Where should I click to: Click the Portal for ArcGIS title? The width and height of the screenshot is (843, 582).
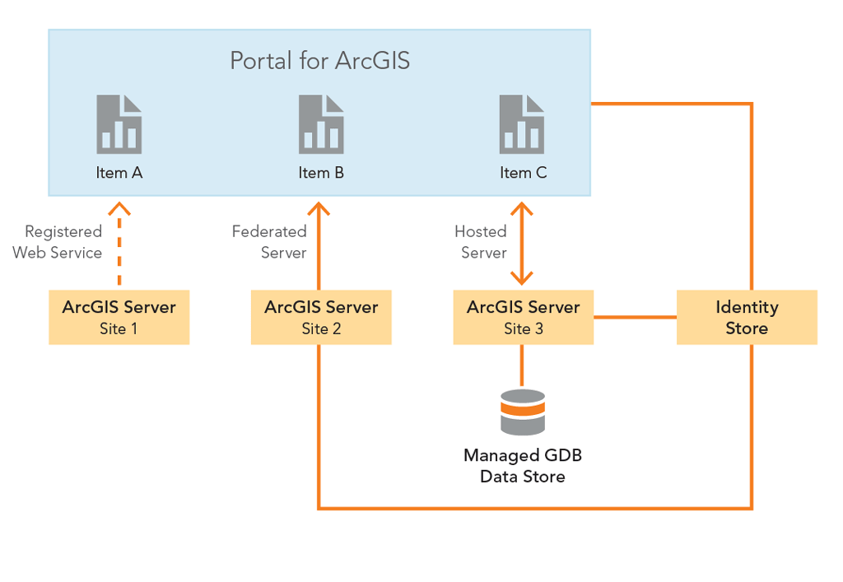click(319, 61)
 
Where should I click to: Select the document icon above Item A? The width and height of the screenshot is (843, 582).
click(119, 124)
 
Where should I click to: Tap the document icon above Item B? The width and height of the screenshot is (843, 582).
click(321, 124)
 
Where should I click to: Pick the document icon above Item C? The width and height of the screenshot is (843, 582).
click(522, 124)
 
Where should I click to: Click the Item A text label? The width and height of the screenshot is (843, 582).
click(119, 173)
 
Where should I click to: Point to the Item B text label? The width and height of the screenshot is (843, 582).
click(321, 173)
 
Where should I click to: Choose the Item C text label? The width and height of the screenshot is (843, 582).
click(523, 173)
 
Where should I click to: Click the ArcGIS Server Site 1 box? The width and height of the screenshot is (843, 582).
click(119, 317)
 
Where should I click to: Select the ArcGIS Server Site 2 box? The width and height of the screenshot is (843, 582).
click(321, 317)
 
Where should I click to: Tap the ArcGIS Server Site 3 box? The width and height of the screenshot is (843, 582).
click(523, 317)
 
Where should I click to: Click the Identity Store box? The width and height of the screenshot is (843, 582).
click(747, 317)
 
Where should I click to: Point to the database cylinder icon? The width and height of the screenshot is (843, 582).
click(523, 412)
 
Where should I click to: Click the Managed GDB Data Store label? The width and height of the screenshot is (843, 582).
click(523, 465)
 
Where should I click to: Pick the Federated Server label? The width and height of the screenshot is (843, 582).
click(269, 242)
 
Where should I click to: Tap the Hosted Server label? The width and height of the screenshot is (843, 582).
click(481, 242)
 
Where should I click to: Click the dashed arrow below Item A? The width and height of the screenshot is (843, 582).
click(120, 247)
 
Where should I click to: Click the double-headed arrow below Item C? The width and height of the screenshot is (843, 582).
click(522, 243)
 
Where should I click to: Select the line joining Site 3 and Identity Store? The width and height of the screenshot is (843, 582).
click(635, 317)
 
